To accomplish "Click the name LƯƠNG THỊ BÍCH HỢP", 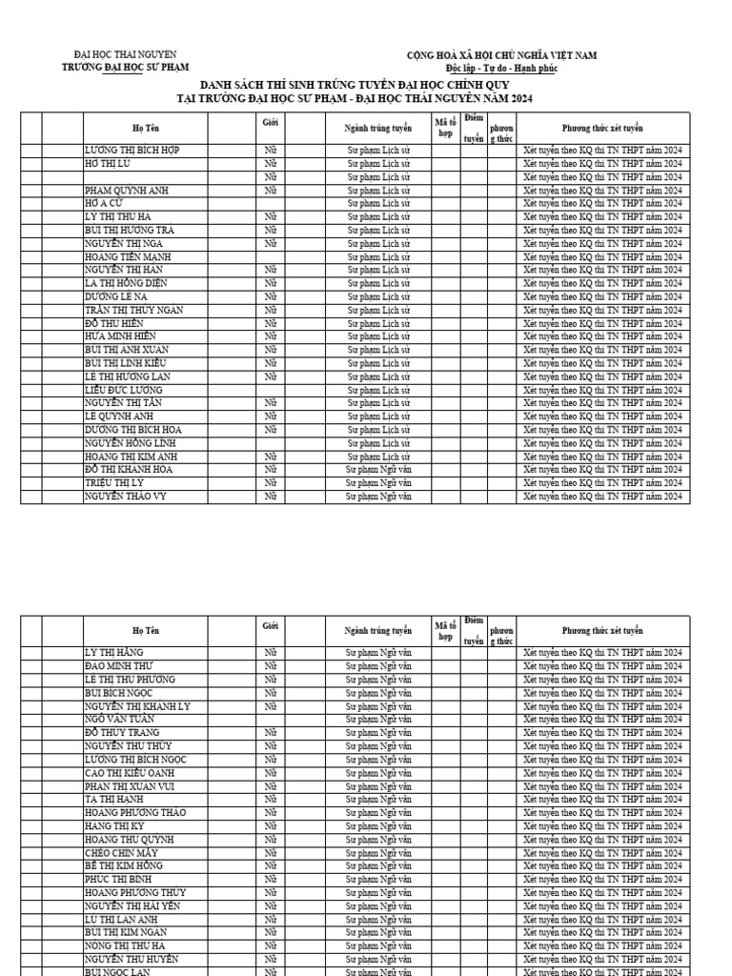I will (132, 151).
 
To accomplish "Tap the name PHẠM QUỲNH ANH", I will (126, 191).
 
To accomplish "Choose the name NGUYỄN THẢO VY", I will (124, 497).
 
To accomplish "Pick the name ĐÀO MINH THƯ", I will (118, 665).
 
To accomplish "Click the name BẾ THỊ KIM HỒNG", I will (123, 865).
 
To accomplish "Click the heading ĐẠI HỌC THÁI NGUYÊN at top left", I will (125, 55).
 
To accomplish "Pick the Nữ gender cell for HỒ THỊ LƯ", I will (271, 164).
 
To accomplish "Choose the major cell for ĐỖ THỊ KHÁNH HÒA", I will (378, 470).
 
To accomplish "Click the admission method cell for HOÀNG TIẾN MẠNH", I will (602, 257).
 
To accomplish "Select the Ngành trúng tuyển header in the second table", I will (378, 631).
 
